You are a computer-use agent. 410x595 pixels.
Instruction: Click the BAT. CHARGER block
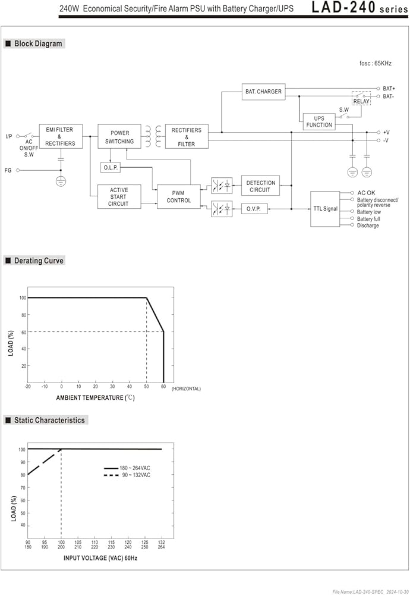click(263, 92)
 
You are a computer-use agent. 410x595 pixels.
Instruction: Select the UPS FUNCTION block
click(319, 122)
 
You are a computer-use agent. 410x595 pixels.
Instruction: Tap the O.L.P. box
click(111, 167)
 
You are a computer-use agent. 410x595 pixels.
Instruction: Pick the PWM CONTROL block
click(178, 196)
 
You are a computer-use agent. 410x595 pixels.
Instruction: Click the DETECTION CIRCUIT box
click(260, 186)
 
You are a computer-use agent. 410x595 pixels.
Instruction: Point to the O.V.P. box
click(254, 209)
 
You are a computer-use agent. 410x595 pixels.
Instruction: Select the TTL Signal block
click(325, 209)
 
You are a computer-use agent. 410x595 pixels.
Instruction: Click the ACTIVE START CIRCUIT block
click(119, 196)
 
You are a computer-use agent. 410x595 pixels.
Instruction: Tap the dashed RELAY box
click(361, 98)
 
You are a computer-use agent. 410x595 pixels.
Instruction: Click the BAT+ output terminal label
click(389, 89)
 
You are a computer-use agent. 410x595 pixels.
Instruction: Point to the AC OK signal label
click(366, 193)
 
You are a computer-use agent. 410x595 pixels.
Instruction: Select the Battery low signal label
click(368, 212)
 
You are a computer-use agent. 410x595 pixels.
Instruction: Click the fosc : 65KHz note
click(376, 64)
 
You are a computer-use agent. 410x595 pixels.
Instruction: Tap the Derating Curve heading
click(39, 261)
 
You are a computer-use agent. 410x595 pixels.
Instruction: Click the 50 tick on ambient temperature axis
click(146, 387)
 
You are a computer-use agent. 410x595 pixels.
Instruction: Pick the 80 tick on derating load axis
click(24, 315)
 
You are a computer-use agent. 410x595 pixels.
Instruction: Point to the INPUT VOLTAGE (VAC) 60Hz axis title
click(100, 558)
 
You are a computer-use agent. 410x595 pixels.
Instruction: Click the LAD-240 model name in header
click(343, 8)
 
